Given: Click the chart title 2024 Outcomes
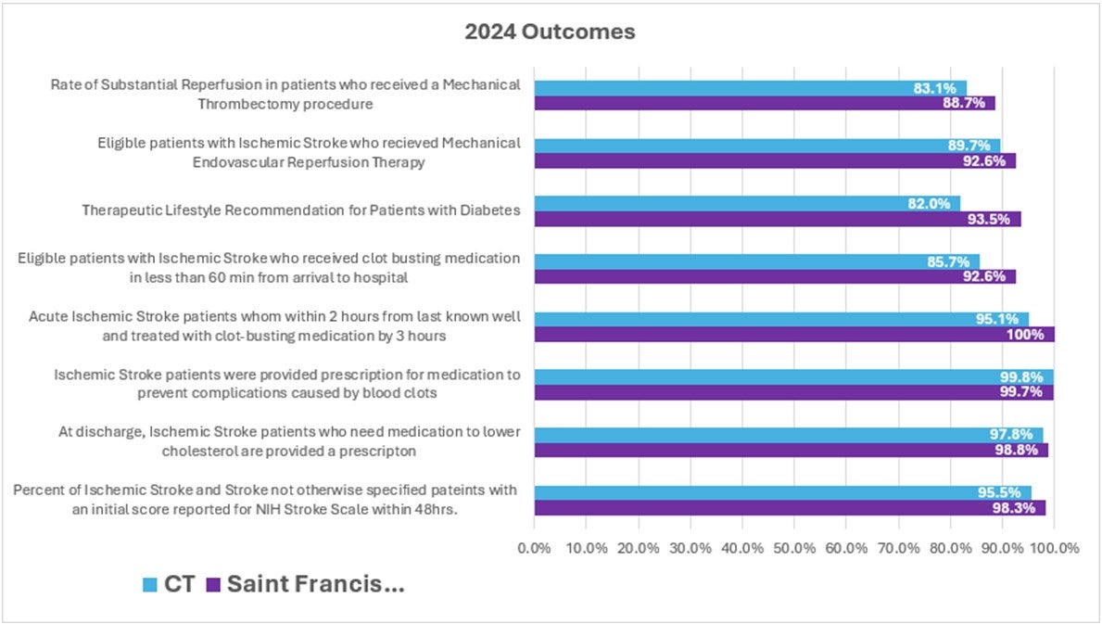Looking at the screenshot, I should pos(550,32).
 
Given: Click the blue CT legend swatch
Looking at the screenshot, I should pos(148,585).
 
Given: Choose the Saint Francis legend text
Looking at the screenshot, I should pos(315,585).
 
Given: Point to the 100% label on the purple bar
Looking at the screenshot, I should pos(1029,334).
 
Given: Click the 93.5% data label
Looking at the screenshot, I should pos(994,219).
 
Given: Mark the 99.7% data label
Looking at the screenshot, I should pos(1026,392).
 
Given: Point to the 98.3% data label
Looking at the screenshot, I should pos(1019,508).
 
